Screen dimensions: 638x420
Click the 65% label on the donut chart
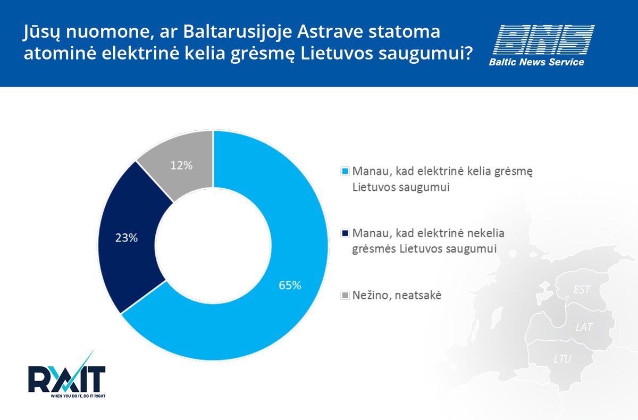coord(290,285)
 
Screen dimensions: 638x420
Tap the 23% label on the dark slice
coord(127,238)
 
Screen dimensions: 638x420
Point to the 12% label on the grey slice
coord(181,165)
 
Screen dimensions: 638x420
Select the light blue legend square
coord(345,171)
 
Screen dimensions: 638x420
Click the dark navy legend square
coord(345,233)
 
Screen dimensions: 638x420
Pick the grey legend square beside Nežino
coord(345,295)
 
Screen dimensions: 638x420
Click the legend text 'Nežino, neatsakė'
coord(397,295)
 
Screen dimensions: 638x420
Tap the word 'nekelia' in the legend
coord(485,233)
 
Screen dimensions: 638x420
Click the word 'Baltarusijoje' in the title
coord(238,31)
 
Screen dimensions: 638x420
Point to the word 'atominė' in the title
coord(60,53)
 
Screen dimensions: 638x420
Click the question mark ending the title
coord(468,53)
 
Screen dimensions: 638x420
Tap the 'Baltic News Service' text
coord(536,62)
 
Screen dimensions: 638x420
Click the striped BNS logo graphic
coord(544,39)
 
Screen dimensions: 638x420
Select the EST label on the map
coord(582,290)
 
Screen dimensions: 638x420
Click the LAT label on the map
coord(584,327)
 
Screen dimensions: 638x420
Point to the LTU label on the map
coord(563,359)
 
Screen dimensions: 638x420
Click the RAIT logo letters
coord(67,379)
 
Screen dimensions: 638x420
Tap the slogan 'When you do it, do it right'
coord(78,396)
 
